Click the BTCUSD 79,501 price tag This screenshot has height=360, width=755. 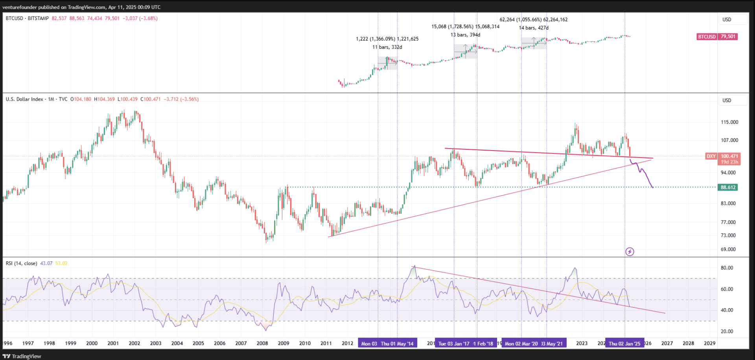(x=717, y=37)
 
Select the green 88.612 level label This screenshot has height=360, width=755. (x=728, y=187)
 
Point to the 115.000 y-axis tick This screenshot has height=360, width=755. (x=729, y=122)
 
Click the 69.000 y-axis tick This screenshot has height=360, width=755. (x=728, y=249)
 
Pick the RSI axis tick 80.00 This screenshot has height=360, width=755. (x=727, y=268)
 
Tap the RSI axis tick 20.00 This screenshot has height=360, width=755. (x=727, y=331)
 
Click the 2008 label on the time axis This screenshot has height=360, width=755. (x=262, y=343)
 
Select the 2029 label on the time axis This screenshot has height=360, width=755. (x=709, y=343)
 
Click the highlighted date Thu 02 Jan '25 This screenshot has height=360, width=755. (x=624, y=343)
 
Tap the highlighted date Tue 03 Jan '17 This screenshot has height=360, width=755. (x=454, y=343)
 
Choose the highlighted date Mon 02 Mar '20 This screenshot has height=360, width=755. (x=521, y=343)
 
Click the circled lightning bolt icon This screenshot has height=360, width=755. (x=630, y=252)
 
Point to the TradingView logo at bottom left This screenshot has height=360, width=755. (x=22, y=356)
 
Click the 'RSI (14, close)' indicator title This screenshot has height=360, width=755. (x=21, y=263)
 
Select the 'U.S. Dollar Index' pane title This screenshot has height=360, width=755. (x=24, y=99)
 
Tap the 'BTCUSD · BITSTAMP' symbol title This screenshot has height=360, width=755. (x=27, y=18)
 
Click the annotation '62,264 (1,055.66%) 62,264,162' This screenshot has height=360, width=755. (x=533, y=20)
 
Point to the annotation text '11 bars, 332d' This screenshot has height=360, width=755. (x=387, y=47)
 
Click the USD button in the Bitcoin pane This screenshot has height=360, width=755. (x=727, y=20)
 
